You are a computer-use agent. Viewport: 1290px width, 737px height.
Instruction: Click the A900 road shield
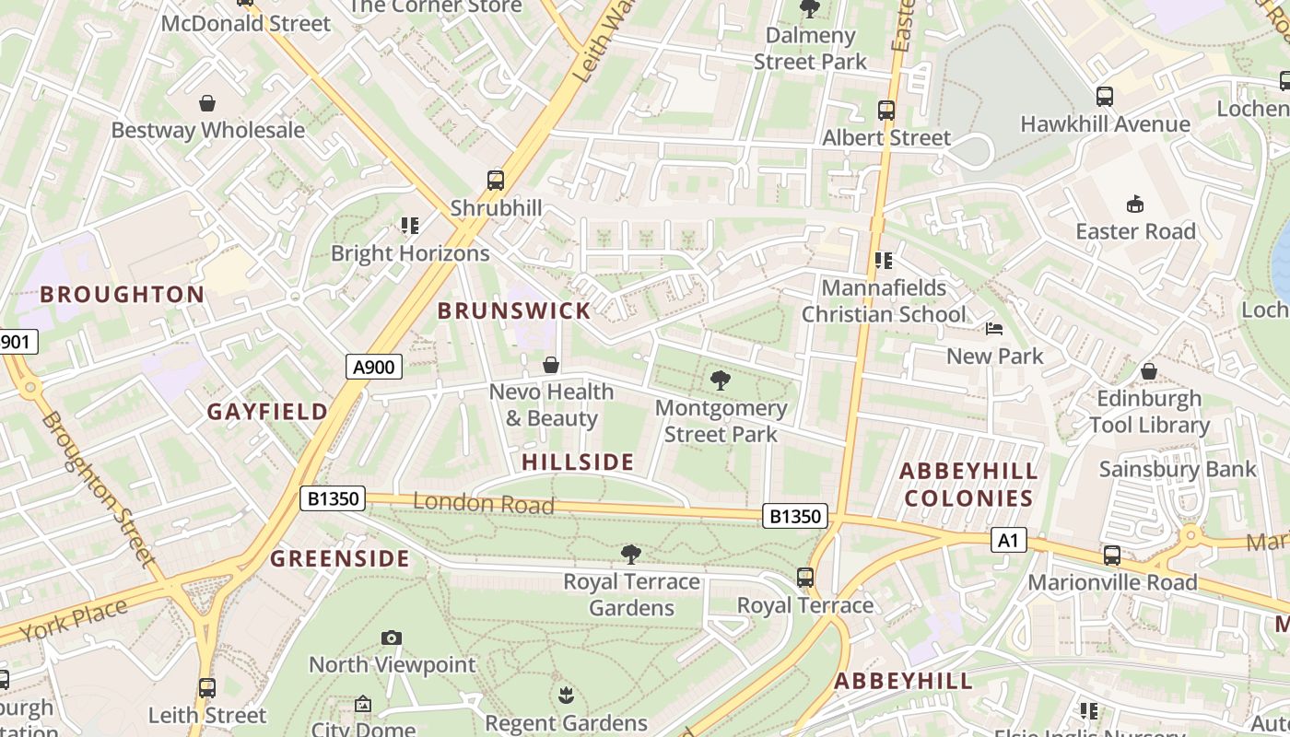coord(374,368)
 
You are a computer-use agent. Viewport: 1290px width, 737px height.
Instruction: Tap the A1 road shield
coord(1008,540)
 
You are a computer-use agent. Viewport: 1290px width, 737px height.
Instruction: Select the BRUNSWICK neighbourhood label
coord(514,310)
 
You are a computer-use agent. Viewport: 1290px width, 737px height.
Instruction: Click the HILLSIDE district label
coord(578,462)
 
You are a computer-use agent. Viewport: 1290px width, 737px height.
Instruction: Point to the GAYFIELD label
coord(267,412)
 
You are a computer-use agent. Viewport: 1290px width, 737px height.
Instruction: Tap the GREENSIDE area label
coord(340,558)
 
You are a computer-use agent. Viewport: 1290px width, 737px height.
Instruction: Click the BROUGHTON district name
coord(123,295)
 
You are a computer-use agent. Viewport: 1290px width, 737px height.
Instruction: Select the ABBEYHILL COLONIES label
coord(968,485)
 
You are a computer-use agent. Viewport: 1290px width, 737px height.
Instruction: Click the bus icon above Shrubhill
coord(496,180)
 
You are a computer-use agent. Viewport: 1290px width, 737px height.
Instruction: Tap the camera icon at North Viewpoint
coord(392,638)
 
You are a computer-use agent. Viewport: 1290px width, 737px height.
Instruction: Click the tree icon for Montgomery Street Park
coord(721,380)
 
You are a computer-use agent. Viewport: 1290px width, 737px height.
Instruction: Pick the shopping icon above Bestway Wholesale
coord(207,103)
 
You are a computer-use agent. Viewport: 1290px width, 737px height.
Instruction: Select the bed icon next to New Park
coord(993,329)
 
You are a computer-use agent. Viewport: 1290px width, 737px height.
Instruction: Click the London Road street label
coord(484,503)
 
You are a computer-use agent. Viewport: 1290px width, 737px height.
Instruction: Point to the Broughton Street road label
coord(97,488)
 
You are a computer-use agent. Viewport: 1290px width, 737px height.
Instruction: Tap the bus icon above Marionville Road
coord(1112,556)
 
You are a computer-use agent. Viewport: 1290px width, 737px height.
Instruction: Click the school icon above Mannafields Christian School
coord(884,261)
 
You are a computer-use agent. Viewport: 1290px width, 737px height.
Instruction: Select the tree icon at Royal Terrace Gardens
coord(631,554)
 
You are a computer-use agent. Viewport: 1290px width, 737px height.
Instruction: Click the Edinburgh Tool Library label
coord(1149,412)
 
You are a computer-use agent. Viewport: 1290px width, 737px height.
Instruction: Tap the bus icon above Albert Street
coord(886,111)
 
